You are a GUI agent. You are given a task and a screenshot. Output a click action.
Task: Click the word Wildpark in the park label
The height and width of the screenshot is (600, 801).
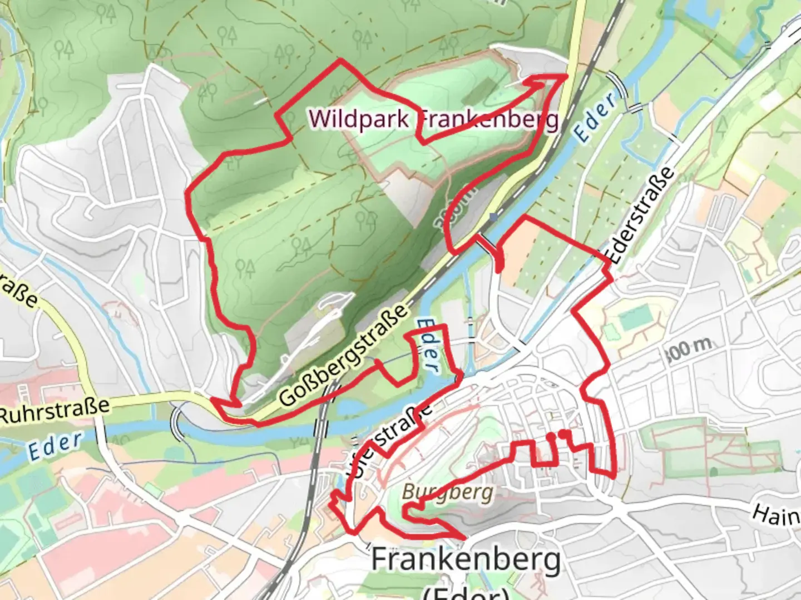pos(358,119)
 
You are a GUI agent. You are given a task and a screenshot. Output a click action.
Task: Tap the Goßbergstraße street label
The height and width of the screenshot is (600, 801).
pos(342,356)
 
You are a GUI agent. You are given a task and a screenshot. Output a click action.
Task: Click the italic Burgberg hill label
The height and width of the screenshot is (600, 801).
pos(447,492)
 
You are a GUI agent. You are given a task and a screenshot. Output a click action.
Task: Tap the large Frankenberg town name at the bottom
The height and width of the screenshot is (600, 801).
pos(466,559)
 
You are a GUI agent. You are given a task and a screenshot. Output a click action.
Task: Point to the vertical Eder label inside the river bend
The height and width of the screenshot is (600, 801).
pos(427,344)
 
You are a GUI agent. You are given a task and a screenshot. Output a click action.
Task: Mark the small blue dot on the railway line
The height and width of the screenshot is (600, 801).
pos(493,217)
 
